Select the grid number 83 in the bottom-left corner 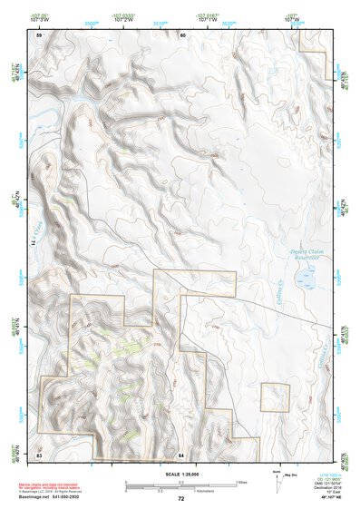click(39, 453)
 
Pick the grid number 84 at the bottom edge click(181, 453)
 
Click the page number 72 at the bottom click(181, 499)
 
